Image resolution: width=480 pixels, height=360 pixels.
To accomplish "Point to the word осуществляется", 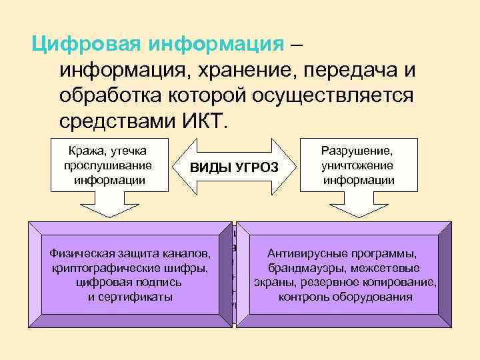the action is click(x=333, y=96).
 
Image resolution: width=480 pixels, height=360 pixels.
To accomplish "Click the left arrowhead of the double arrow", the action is click(x=186, y=166).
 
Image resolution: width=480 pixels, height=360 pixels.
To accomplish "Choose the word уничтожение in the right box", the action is click(x=357, y=165).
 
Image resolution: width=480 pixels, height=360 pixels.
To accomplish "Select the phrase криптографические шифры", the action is click(x=130, y=268).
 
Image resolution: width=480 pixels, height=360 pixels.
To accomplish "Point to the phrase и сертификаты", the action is click(x=130, y=297).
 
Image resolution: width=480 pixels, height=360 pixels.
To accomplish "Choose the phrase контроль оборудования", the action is click(x=345, y=297).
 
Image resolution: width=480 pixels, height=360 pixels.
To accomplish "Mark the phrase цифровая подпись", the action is click(x=130, y=282).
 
